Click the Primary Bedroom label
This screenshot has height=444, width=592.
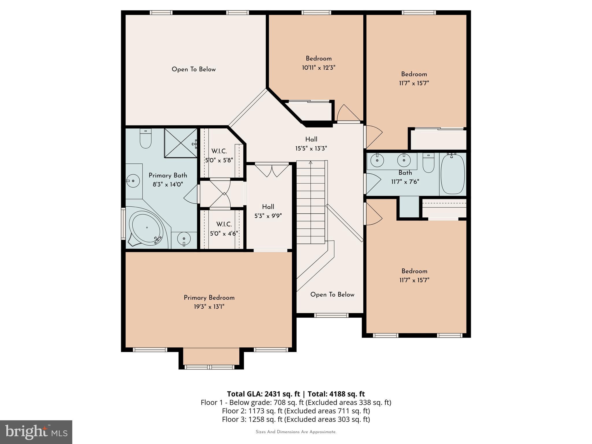(209, 298)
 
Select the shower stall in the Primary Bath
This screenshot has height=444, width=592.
(181, 143)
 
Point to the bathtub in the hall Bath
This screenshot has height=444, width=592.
(453, 174)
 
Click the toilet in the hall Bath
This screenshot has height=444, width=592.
(428, 163)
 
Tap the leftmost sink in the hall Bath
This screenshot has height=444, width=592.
(377, 160)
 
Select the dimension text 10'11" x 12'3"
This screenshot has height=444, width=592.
(319, 68)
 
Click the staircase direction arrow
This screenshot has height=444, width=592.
(310, 163)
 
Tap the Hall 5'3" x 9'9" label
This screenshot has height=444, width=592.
(268, 211)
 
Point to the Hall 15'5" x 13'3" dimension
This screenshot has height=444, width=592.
(311, 149)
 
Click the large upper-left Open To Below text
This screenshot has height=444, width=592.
(194, 69)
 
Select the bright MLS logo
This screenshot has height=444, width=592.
(36, 432)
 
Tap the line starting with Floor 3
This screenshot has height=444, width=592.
(296, 419)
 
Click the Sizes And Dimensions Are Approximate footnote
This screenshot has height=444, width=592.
(296, 432)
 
